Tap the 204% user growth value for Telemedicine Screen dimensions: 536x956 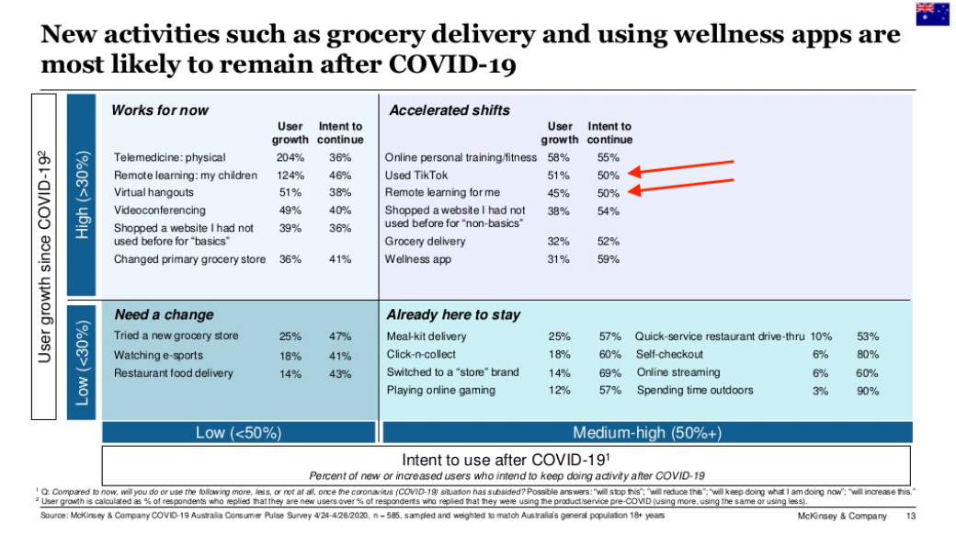(x=290, y=157)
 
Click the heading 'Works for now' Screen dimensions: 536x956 (x=160, y=110)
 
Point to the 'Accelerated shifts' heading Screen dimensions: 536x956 (x=450, y=110)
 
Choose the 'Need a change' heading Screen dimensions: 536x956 (x=164, y=314)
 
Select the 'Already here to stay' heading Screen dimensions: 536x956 (x=453, y=314)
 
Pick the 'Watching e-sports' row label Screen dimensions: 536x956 (x=158, y=355)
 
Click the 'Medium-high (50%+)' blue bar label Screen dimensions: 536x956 (x=646, y=433)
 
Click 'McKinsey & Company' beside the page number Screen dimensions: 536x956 (x=843, y=518)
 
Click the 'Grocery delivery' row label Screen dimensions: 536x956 (x=425, y=241)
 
